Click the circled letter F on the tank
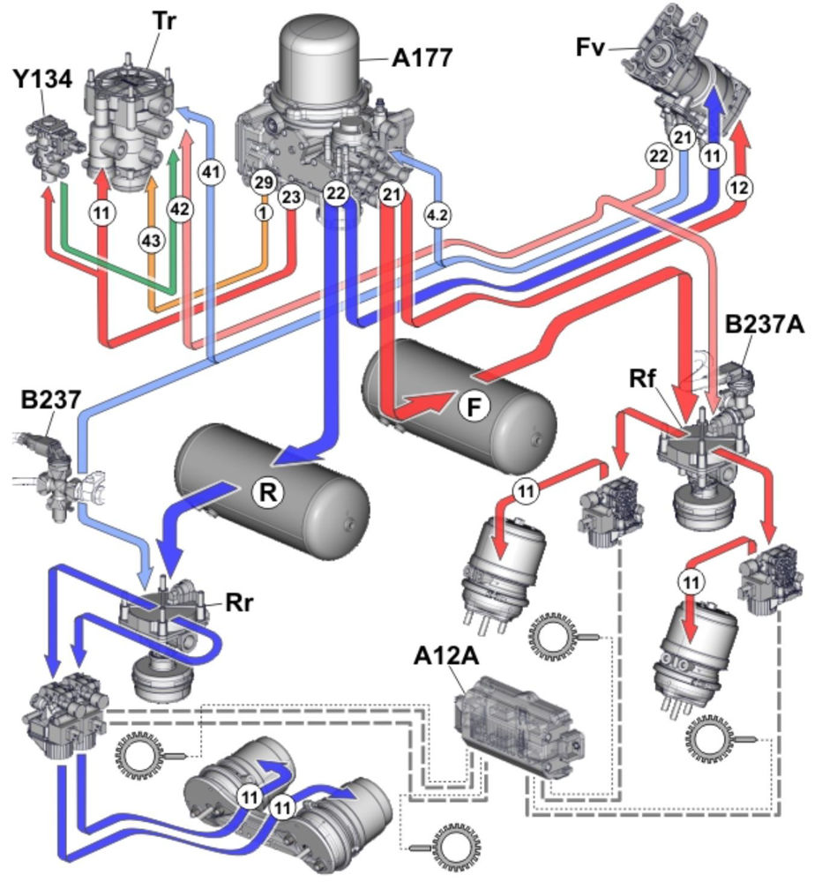[474, 408]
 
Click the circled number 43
[152, 238]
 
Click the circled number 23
[291, 198]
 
